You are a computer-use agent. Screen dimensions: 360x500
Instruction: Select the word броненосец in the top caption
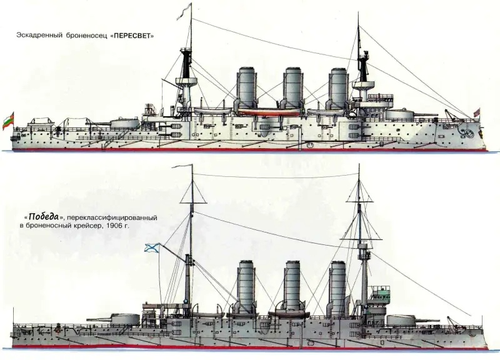click(84, 36)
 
